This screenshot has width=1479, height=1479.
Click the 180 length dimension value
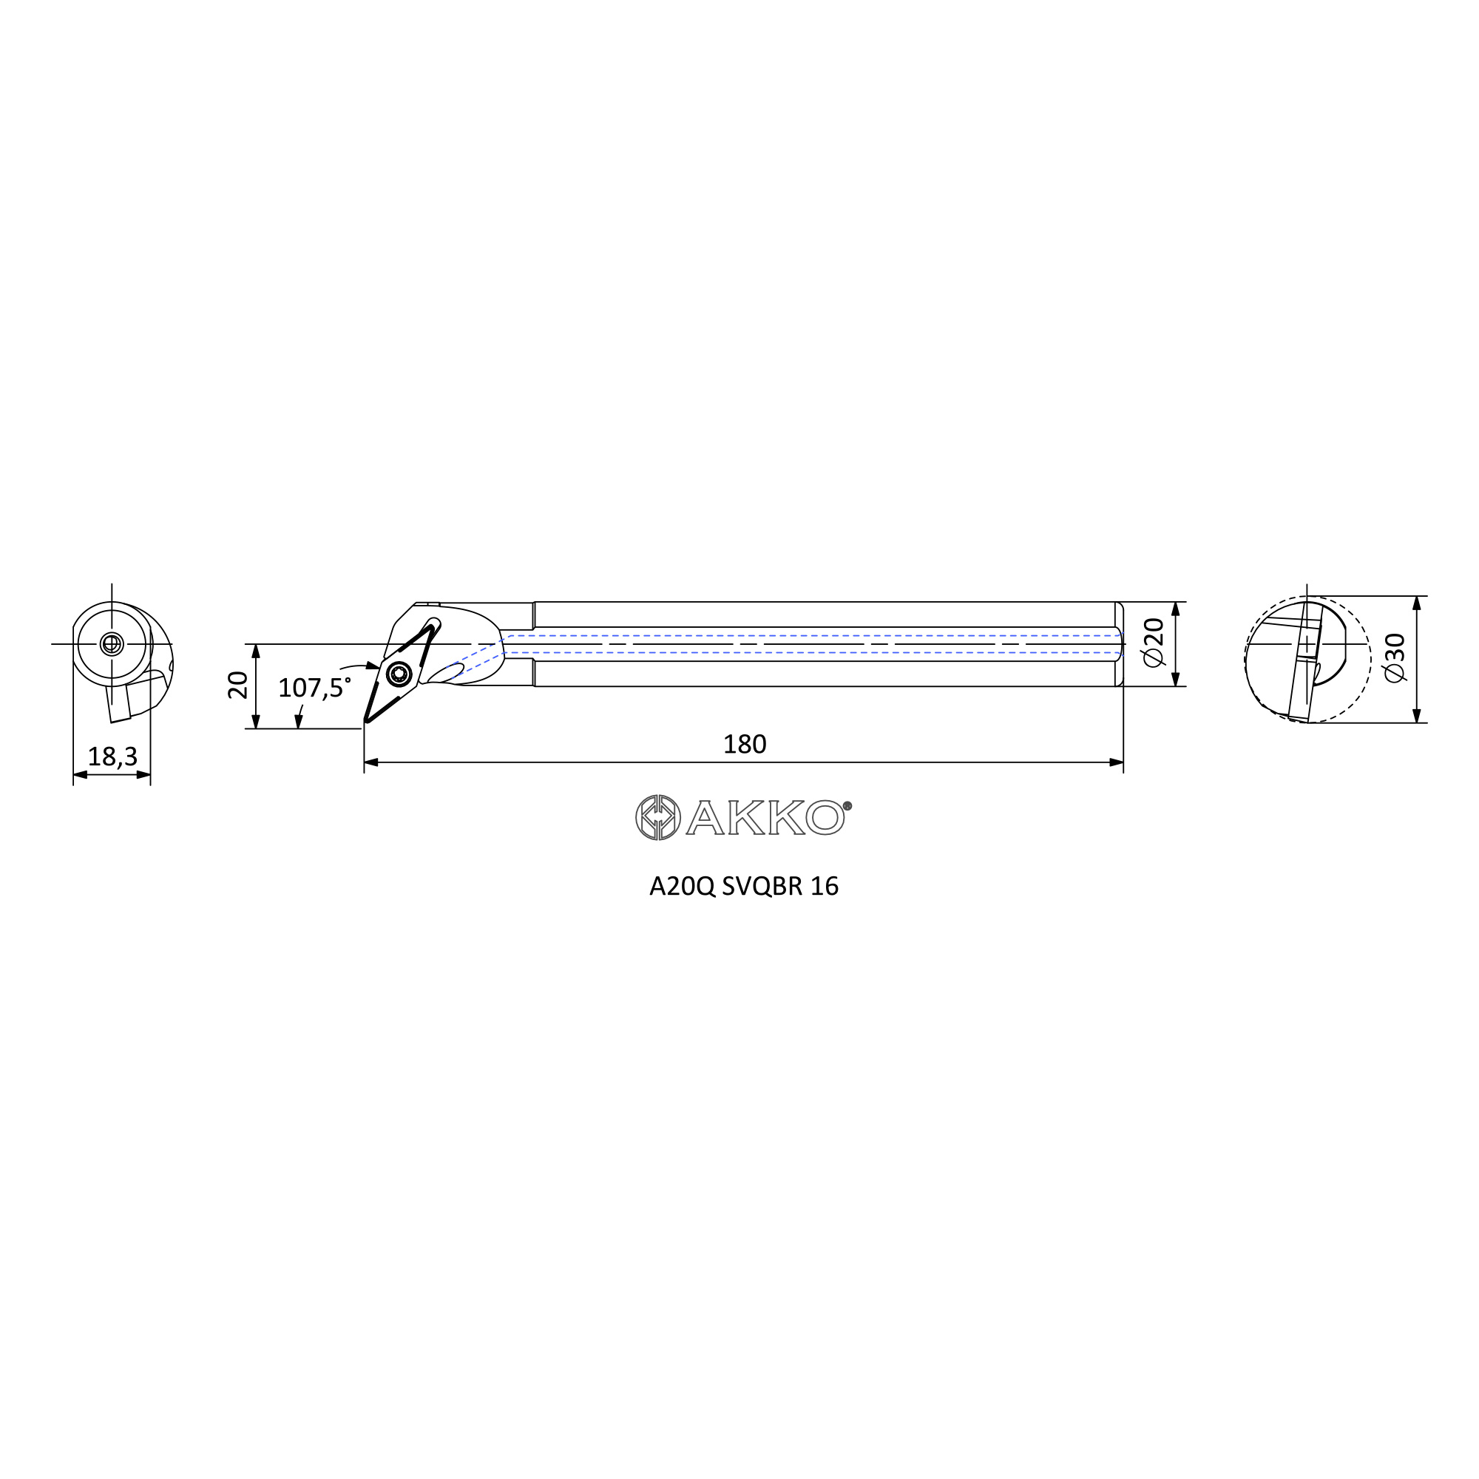744,744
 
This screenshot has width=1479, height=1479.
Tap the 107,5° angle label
314,688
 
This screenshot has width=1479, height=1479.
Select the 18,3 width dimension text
112,757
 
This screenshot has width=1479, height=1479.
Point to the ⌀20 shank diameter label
1154,643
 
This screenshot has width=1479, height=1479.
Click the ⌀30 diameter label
1395,657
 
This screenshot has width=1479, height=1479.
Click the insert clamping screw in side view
398,674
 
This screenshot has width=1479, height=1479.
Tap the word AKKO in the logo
764,819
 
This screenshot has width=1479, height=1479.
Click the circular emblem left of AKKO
657,818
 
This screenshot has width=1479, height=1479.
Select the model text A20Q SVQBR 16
743,887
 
